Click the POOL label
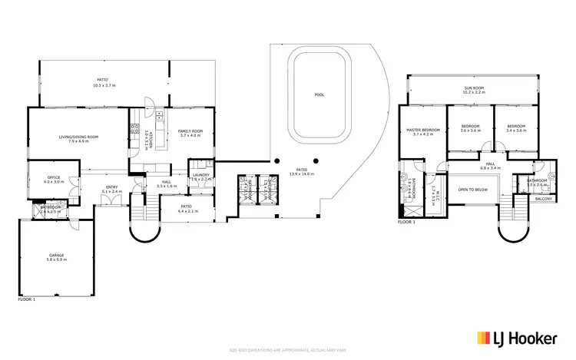tap(319, 95)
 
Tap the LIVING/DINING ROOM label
tap(79, 137)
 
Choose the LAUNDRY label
tap(201, 175)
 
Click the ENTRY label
tap(112, 187)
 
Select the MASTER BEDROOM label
tap(423, 130)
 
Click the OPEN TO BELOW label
tap(473, 190)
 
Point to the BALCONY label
tap(544, 198)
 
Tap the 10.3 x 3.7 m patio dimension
tap(102, 84)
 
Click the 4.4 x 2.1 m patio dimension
tap(186, 210)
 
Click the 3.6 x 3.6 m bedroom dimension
tap(470, 130)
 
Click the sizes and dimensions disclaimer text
tap(287, 350)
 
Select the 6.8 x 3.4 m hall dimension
tap(490, 167)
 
